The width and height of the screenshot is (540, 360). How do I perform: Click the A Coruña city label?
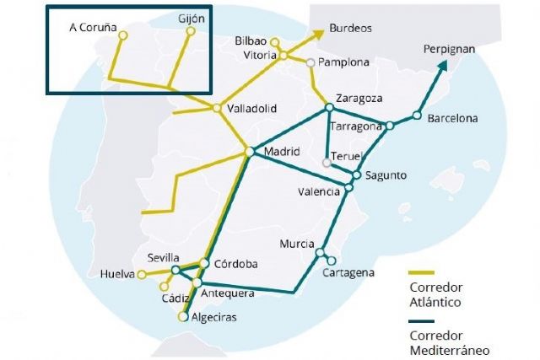93,27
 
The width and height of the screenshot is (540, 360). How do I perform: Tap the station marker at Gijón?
191,31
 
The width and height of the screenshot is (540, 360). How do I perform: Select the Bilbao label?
251,40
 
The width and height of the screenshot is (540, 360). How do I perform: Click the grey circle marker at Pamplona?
311,62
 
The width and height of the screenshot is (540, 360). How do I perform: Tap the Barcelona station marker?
416,116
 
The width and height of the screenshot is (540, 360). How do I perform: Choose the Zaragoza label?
359,98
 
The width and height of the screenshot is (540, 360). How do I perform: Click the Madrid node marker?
249,152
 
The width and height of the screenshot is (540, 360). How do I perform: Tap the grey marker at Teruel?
327,162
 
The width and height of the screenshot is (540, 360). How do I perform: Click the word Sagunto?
386,175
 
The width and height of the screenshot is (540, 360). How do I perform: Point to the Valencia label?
318,191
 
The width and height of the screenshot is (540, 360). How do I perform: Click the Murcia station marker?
320,252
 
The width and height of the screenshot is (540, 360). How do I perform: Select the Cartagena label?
348,273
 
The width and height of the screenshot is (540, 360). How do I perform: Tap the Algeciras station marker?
182,317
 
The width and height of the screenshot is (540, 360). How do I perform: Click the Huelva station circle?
142,274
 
